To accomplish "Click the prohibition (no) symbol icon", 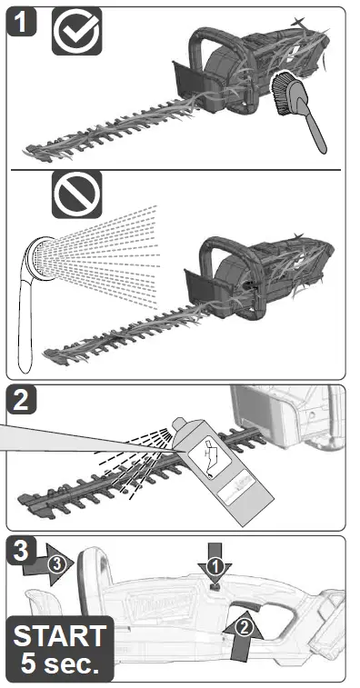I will [x=76, y=194].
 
